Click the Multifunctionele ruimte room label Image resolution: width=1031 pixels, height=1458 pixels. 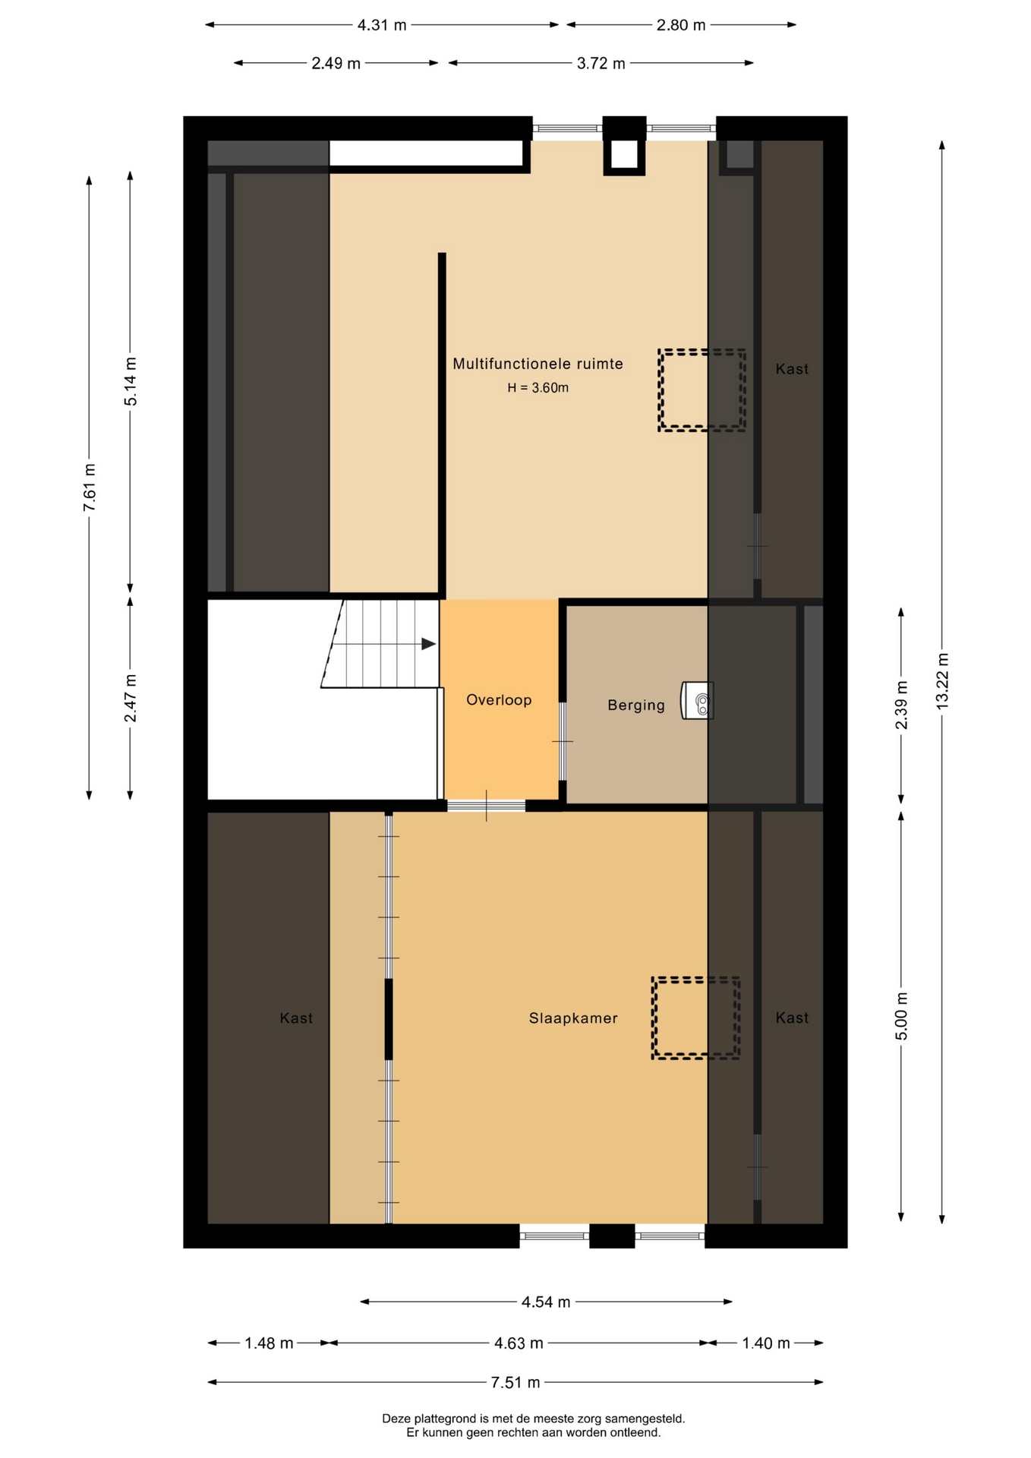click(x=538, y=364)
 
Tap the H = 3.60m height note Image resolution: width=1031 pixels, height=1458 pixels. click(x=538, y=387)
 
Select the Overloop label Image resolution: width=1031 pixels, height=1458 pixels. click(x=499, y=699)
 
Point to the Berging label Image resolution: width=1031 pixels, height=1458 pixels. click(x=636, y=705)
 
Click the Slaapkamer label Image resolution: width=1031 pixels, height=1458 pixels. click(x=573, y=1018)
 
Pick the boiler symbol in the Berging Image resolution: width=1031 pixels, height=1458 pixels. click(x=697, y=700)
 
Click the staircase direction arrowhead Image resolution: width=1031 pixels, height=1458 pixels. click(x=429, y=644)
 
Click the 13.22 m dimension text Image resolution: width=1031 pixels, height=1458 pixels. click(x=942, y=681)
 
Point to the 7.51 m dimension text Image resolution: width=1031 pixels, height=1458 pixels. click(x=515, y=1382)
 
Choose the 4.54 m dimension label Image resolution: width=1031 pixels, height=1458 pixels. click(x=546, y=1302)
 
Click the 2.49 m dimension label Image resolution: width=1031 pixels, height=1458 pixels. click(x=336, y=63)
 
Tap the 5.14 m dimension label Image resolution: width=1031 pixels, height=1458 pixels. click(x=131, y=381)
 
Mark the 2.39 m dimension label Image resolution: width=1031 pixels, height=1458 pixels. click(x=901, y=705)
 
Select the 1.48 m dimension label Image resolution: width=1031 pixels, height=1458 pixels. click(x=269, y=1343)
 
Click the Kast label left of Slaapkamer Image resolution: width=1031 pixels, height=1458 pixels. click(x=296, y=1018)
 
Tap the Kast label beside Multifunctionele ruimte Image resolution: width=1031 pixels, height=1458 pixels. click(x=792, y=369)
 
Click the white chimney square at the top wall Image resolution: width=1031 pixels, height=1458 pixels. click(x=624, y=155)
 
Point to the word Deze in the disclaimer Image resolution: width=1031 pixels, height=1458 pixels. click(x=396, y=1418)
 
